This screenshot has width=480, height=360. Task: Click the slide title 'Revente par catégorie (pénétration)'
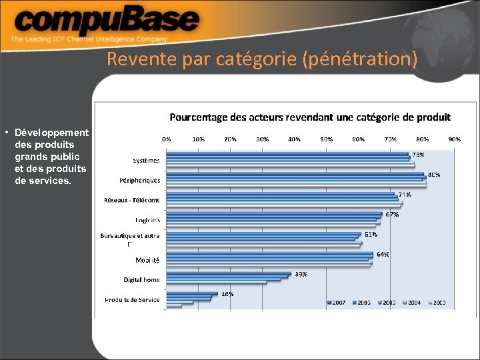click(x=262, y=60)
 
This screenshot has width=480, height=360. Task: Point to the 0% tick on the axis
click(x=167, y=139)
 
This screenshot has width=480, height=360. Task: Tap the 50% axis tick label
click(x=327, y=139)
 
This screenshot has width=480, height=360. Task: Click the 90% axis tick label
click(x=454, y=139)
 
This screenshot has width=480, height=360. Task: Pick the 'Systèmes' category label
click(x=146, y=160)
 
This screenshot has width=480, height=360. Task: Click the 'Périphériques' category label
click(x=140, y=180)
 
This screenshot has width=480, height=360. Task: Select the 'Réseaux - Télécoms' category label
click(x=132, y=200)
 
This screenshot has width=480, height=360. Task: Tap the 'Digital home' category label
click(x=141, y=280)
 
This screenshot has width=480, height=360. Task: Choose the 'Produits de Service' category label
click(x=132, y=300)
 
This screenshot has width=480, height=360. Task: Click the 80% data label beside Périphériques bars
click(x=434, y=175)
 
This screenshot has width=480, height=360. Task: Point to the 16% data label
click(x=227, y=294)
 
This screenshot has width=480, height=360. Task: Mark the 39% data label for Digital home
click(x=301, y=274)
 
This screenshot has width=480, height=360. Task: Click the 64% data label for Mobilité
click(x=383, y=254)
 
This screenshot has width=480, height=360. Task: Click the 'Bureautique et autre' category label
click(x=130, y=236)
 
